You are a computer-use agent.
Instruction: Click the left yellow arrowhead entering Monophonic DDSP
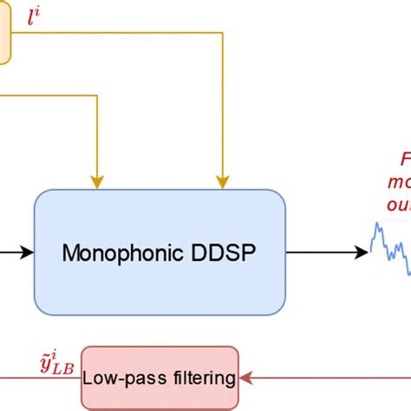97,180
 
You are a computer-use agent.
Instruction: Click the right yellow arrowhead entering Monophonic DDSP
224,180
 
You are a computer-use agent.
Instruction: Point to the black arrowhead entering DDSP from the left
27,252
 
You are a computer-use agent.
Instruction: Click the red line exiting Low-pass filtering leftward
39,379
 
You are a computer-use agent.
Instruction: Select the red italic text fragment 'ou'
399,205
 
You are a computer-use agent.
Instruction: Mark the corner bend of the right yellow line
224,37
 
